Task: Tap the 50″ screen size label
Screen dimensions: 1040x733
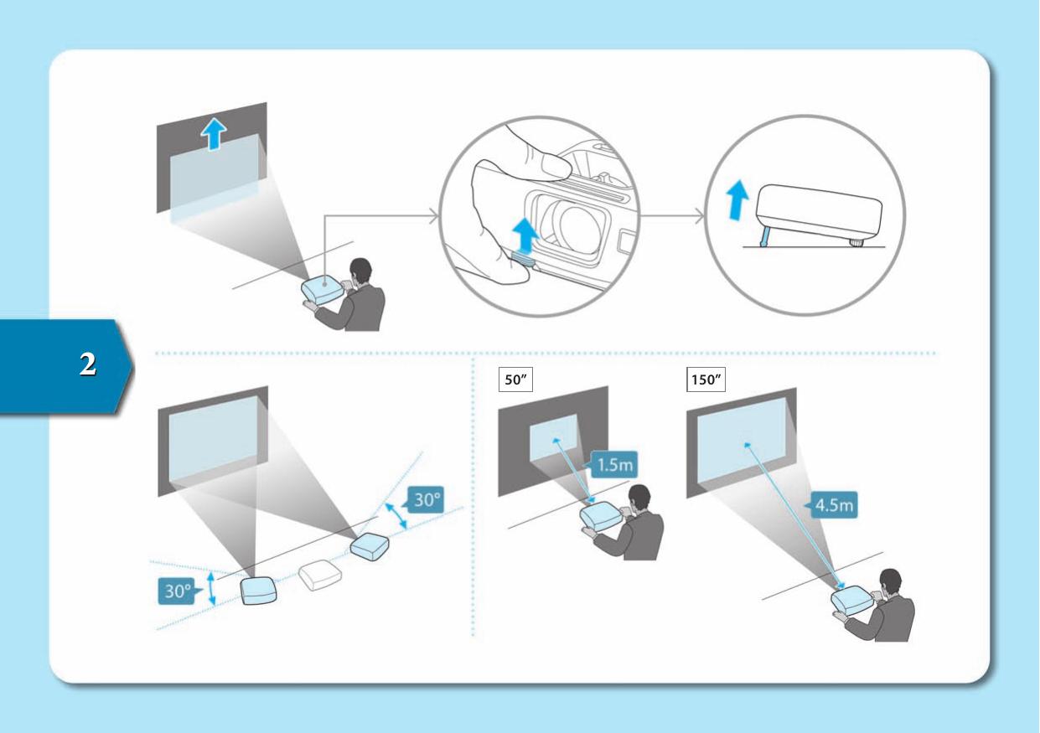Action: pos(515,379)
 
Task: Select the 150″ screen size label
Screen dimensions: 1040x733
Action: pos(706,379)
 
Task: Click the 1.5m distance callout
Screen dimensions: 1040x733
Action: pos(612,464)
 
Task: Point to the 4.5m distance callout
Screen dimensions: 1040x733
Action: pos(831,504)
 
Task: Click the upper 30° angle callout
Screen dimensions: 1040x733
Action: pos(423,499)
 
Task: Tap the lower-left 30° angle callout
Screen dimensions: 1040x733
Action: pos(179,591)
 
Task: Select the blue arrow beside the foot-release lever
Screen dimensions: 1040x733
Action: pos(525,235)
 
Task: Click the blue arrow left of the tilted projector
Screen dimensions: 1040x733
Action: pos(737,200)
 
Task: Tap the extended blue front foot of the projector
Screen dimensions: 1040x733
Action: pos(764,238)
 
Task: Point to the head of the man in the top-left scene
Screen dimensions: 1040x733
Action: pos(360,271)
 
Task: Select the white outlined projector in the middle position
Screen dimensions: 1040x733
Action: pos(320,576)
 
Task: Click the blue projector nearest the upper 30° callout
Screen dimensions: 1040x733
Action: pos(370,546)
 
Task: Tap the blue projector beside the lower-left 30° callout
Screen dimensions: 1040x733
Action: pos(258,590)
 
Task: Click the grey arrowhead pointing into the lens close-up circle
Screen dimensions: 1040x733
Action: pos(434,216)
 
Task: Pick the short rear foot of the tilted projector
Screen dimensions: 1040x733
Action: pos(856,242)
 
